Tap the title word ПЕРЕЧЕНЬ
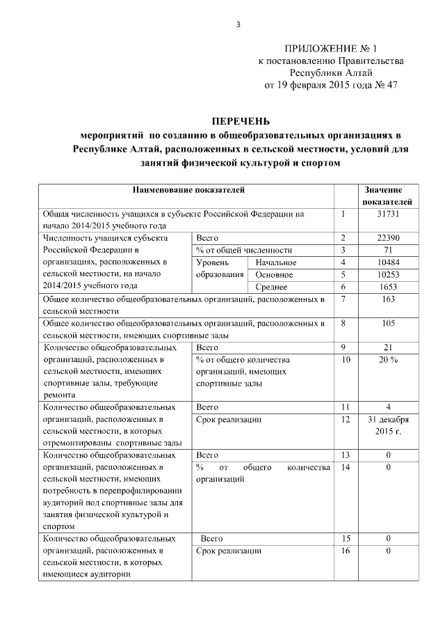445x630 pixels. click(241, 120)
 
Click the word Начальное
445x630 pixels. click(275, 262)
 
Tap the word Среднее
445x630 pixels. click(272, 286)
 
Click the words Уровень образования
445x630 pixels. click(220, 268)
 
